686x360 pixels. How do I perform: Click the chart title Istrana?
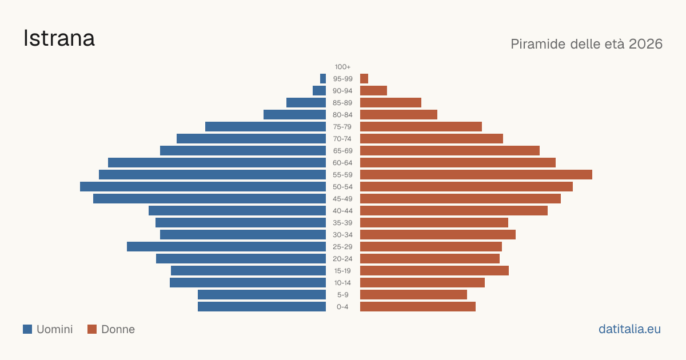[x=59, y=38]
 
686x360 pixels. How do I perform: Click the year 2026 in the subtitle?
[x=645, y=44]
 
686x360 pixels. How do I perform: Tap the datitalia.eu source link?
[x=629, y=329]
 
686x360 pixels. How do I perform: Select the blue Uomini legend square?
[x=27, y=329]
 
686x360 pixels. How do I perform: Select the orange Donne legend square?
[x=92, y=329]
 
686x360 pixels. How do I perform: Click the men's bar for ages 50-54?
[x=203, y=187]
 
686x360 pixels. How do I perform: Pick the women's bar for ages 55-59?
[x=476, y=174]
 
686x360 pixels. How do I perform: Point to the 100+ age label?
[x=342, y=67]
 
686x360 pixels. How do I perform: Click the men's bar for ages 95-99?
[x=323, y=79]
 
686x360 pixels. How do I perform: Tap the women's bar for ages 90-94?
[x=374, y=91]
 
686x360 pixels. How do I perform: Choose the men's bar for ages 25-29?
[x=226, y=247]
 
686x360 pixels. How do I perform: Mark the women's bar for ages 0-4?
[x=418, y=307]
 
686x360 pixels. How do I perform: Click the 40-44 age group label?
[x=342, y=211]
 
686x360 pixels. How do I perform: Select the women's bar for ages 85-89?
[x=391, y=102]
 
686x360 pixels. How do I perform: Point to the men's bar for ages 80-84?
[x=294, y=114]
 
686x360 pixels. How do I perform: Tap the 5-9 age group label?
[x=342, y=295]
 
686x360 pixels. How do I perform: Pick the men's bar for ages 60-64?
[x=217, y=162]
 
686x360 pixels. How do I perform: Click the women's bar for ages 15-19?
[x=434, y=271]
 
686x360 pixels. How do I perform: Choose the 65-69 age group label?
[x=342, y=151]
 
